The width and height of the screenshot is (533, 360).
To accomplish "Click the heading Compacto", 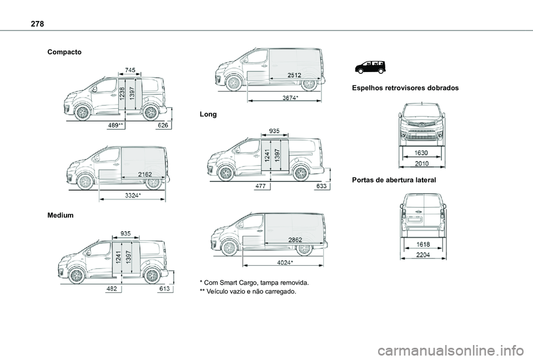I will click(x=65, y=52).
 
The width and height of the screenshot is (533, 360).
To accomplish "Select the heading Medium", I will click(x=61, y=215).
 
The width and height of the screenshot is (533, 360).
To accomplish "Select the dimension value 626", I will click(x=163, y=126).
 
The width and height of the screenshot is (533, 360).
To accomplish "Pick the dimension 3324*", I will click(x=132, y=196).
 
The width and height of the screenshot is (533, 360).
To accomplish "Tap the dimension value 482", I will click(x=112, y=290).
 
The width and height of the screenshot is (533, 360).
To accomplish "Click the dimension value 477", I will click(x=261, y=187).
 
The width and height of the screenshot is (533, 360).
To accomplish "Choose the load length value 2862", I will click(x=295, y=239).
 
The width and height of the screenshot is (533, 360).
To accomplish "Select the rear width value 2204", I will click(x=423, y=255).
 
